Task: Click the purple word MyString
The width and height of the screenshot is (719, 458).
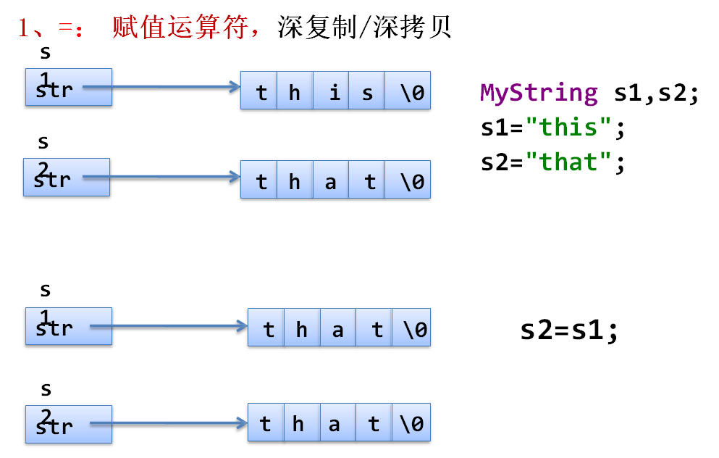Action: tap(539, 93)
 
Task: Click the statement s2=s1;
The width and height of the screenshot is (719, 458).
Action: tap(570, 330)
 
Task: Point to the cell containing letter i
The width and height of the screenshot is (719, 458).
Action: tap(332, 91)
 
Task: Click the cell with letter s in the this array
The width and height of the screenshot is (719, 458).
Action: tap(366, 91)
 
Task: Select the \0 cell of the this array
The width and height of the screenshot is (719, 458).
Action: tap(408, 91)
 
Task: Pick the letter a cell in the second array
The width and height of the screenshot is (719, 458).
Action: tap(331, 181)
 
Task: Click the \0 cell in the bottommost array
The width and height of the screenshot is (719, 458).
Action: tap(411, 423)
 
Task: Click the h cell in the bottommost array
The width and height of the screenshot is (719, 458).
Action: tap(298, 423)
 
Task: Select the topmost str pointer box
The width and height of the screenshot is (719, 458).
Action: tap(69, 88)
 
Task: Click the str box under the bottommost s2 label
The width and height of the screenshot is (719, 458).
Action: tap(69, 425)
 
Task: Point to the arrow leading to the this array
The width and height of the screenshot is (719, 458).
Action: tap(163, 88)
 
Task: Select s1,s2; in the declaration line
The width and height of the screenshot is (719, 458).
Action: tap(656, 93)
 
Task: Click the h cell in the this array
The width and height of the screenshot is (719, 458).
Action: tap(295, 91)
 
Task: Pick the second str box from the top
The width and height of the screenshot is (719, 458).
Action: tap(67, 178)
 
